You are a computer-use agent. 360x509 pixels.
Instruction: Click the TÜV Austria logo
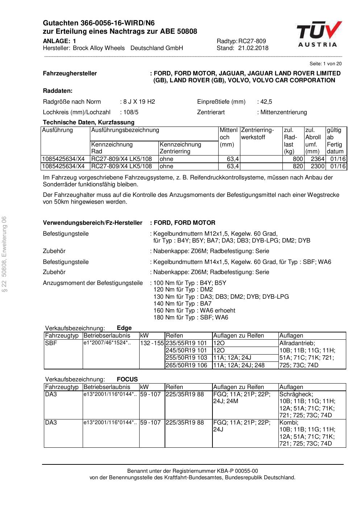coord(319,34)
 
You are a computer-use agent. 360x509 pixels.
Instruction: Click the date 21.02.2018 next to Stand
coord(253,48)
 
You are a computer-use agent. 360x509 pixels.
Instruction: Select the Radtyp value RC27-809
coord(252,41)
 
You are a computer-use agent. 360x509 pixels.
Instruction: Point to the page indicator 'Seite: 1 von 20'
coord(326,63)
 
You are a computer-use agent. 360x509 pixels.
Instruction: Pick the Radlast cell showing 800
coord(298,159)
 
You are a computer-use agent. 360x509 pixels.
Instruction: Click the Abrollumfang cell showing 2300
coord(318,166)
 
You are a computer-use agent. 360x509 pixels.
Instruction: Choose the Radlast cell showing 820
coord(298,166)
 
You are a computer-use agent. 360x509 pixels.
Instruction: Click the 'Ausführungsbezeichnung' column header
coord(125,130)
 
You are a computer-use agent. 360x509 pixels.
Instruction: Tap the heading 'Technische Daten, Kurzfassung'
coord(88,122)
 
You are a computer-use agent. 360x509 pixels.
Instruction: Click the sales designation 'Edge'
coord(124,328)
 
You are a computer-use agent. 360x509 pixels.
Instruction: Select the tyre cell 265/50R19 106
coord(186,365)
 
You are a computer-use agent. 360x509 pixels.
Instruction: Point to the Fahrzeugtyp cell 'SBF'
coord(51,343)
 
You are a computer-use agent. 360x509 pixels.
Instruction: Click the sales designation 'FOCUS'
coord(127,379)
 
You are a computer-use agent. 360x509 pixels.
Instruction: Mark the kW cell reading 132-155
coord(152,343)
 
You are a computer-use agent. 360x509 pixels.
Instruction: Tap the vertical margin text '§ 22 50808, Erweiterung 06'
coord(4,253)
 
